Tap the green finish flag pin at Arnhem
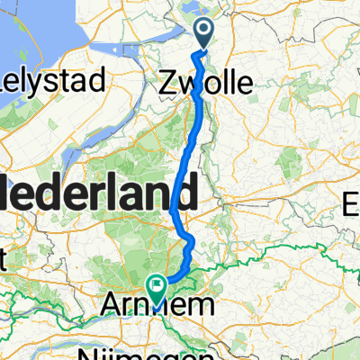pyautogui.click(x=158, y=289)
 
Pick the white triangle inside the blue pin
pyautogui.click(x=204, y=33)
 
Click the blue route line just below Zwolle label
pyautogui.click(x=195, y=112)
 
